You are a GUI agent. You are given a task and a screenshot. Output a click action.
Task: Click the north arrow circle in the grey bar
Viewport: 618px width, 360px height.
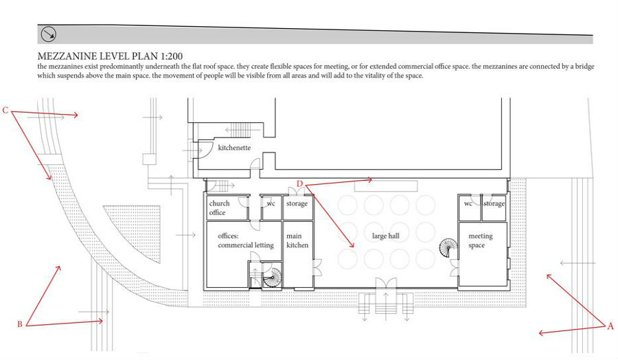click(49, 35)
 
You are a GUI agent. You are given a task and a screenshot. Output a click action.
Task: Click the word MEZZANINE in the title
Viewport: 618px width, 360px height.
click(69, 56)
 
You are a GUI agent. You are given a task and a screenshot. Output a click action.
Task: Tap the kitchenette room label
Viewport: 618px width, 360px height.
click(234, 148)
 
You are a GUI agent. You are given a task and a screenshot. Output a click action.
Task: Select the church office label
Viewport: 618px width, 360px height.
click(219, 207)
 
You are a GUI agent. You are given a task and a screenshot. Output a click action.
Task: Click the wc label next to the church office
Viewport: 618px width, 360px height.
click(271, 203)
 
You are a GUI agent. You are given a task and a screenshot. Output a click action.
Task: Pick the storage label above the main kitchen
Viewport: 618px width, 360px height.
click(297, 203)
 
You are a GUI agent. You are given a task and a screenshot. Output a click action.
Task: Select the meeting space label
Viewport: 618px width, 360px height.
click(481, 240)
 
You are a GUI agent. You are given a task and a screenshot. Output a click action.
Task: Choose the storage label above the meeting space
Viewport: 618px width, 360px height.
click(494, 203)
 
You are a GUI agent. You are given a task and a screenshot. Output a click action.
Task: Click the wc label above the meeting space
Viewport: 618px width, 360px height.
click(468, 203)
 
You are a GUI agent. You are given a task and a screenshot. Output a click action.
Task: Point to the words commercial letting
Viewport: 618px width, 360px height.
click(246, 245)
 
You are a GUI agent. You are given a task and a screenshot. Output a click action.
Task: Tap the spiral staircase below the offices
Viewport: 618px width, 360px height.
click(272, 279)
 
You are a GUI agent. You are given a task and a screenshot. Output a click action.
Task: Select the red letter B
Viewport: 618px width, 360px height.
click(19, 323)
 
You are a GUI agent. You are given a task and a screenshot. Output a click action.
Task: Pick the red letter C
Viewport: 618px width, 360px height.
click(5, 110)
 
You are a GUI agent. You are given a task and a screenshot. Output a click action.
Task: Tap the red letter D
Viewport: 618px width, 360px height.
click(299, 183)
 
